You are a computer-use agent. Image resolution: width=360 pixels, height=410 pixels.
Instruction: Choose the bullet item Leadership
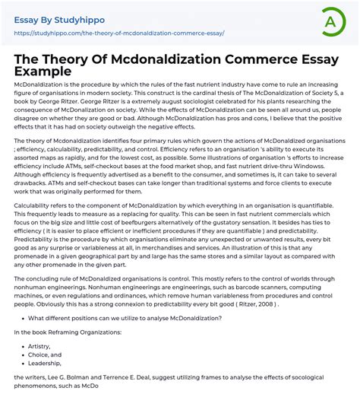coord(46,364)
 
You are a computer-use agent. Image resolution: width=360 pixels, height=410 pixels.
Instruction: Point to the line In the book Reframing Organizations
coord(67,331)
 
